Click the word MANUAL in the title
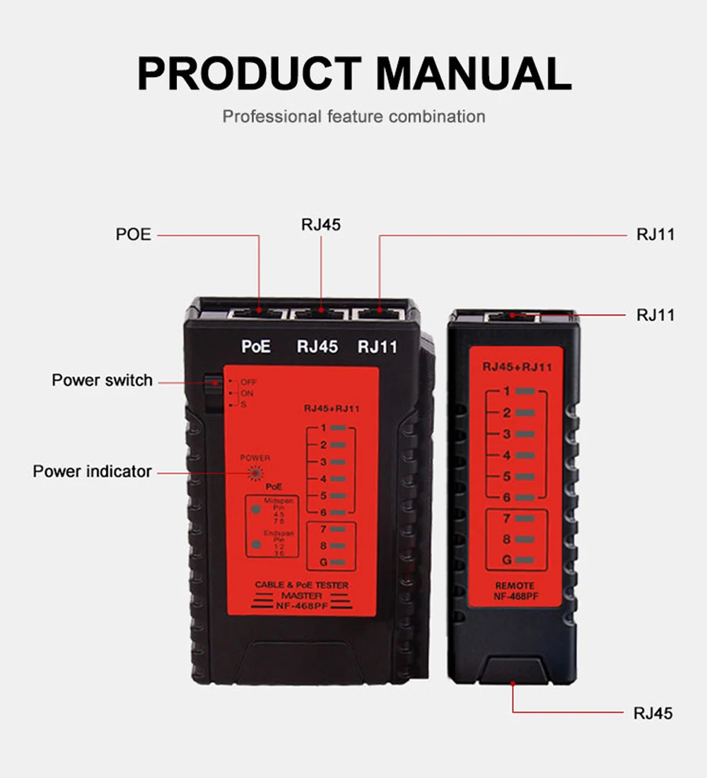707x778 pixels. tap(473, 73)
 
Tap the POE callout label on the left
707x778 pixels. tap(134, 234)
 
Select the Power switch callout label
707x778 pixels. tap(102, 381)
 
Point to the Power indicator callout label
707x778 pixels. tap(92, 471)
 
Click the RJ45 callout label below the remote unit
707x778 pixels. tap(653, 713)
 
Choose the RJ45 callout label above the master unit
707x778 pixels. tap(321, 225)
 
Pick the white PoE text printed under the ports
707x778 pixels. tap(256, 347)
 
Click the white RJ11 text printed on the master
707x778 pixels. tap(378, 347)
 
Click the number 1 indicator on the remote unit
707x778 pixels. tap(507, 391)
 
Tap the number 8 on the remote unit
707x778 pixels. tap(507, 540)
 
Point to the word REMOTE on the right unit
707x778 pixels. tap(515, 586)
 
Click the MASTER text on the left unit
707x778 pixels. tap(297, 596)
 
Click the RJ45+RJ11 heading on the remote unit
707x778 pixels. tap(517, 367)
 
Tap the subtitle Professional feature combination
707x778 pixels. tap(353, 116)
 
